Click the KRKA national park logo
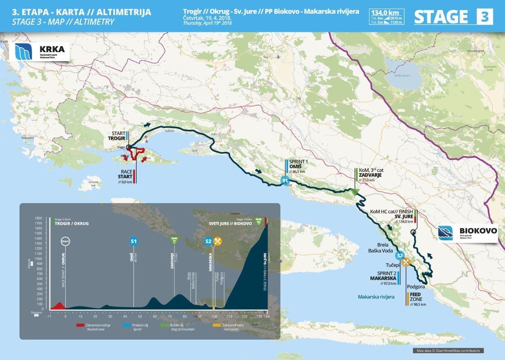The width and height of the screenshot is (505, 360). (x=40, y=52)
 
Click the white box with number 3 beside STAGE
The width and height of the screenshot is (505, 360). (x=484, y=17)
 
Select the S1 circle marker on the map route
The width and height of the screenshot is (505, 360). (x=285, y=181)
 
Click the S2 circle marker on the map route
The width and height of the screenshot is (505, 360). (x=399, y=255)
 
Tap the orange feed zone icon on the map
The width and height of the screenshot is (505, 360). (x=407, y=261)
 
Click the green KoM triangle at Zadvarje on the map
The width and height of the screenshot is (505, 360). (x=354, y=192)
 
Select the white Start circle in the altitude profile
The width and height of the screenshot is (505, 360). (x=65, y=241)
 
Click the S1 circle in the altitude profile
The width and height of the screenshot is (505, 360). (x=134, y=241)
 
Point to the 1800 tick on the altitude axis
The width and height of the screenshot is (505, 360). (x=39, y=218)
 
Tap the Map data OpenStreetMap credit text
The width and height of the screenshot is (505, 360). (x=448, y=350)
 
